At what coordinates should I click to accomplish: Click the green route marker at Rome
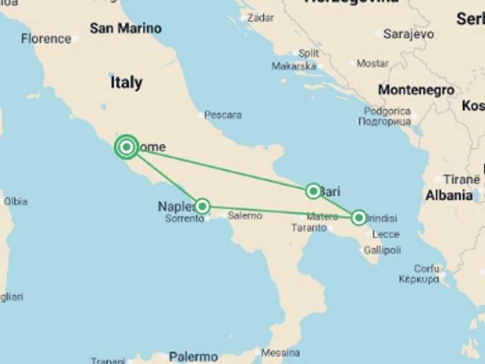tap(127, 147)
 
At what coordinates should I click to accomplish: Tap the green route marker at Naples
tap(202, 206)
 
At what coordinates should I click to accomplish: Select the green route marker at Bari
tap(313, 191)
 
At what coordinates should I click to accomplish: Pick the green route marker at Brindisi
tap(359, 218)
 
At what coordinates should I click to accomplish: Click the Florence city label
tap(46, 39)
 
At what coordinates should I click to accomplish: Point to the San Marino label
tap(126, 28)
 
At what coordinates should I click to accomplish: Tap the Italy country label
tap(126, 83)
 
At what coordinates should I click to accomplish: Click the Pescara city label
tap(223, 115)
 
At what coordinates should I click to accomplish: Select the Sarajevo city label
tap(409, 34)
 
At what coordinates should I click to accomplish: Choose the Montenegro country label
tap(416, 90)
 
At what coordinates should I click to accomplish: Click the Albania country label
tap(449, 196)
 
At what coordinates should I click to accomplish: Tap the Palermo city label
tap(193, 357)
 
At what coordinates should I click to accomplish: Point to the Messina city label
tap(280, 353)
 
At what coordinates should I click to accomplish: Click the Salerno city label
tap(245, 215)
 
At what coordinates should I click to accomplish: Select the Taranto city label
tap(309, 228)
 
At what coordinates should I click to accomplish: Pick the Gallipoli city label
tap(382, 250)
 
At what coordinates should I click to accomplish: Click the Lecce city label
tap(385, 234)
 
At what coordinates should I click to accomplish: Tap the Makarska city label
tap(294, 66)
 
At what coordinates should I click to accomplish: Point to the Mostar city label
tap(373, 63)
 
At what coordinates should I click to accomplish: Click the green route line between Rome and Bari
tap(221, 169)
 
